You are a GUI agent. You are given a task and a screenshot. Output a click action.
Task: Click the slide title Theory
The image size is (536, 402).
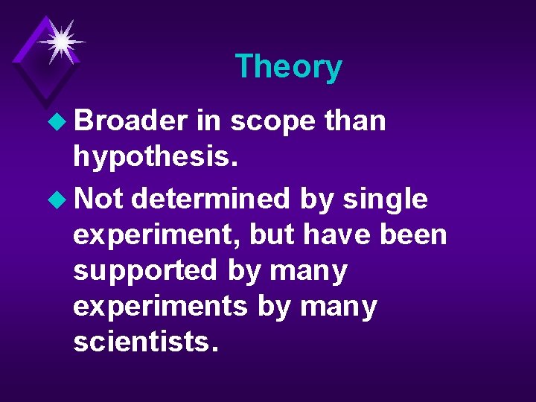(288, 66)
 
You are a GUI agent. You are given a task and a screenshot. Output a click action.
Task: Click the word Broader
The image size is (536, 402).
(130, 120)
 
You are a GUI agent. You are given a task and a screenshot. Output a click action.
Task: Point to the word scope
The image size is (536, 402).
(272, 121)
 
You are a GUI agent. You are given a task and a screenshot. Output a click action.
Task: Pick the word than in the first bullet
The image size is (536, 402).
(355, 120)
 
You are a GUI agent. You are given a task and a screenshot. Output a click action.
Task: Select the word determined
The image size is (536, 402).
(211, 198)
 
